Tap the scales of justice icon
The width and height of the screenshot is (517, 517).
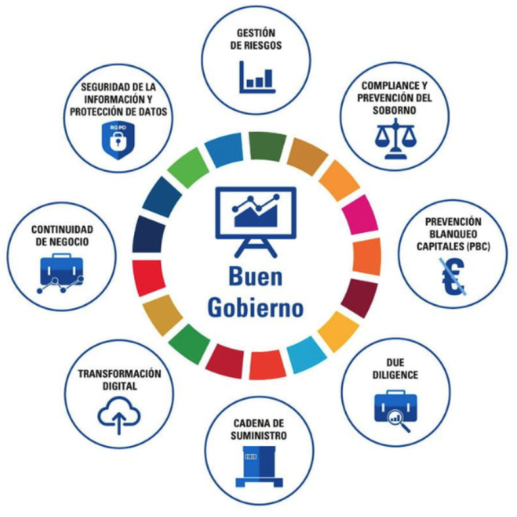point(395,139)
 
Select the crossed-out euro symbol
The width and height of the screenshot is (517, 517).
point(453,276)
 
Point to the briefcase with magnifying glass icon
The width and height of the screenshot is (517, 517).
point(396,411)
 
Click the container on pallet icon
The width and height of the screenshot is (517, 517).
point(259,467)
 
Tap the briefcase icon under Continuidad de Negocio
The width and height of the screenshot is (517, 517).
point(61,273)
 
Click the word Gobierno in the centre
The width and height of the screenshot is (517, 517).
point(256,308)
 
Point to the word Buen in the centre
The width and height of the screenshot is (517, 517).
point(256,277)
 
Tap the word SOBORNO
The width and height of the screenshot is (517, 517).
point(394,110)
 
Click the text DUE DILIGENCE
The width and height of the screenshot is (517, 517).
point(395,369)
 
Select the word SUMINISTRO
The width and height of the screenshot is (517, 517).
point(258,436)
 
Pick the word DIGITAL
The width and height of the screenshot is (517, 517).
point(120,386)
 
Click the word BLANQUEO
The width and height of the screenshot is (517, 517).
point(453,234)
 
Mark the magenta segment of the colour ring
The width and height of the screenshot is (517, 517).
point(360,215)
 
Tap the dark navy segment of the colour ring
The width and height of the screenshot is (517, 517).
point(148,234)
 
